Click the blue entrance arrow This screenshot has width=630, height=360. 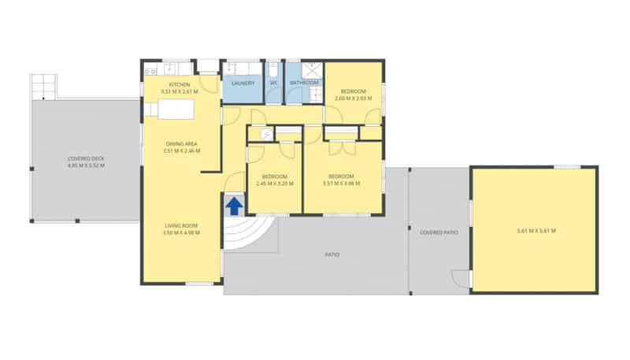(234, 206)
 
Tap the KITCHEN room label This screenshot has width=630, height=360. (180, 85)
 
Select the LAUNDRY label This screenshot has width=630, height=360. (242, 83)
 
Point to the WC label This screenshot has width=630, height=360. (274, 83)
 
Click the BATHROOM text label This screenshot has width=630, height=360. (304, 83)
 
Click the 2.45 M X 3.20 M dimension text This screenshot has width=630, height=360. (275, 184)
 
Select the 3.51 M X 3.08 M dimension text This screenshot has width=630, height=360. (342, 184)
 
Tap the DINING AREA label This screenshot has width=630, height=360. (181, 143)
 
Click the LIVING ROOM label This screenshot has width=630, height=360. (180, 225)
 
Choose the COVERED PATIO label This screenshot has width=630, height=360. (439, 232)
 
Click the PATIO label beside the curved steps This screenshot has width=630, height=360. (332, 254)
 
